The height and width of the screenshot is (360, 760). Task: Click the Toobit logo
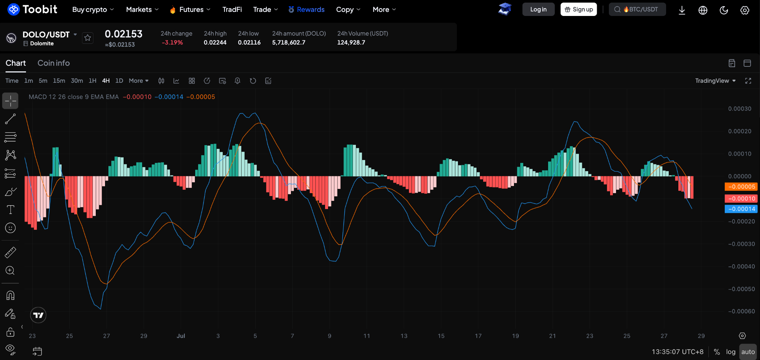pos(32,9)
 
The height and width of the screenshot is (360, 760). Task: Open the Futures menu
pos(190,10)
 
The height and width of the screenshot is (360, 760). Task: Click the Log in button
pos(538,9)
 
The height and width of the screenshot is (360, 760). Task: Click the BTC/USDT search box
pos(637,9)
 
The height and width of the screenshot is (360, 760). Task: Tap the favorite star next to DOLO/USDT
pos(88,37)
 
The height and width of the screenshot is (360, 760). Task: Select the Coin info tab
pos(54,63)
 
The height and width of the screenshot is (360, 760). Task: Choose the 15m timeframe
pos(59,81)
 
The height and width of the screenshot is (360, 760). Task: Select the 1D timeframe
pos(119,81)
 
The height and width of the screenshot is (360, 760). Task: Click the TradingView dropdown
pos(715,81)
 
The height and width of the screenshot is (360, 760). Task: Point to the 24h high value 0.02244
pos(215,42)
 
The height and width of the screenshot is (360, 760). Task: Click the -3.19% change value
pos(172,42)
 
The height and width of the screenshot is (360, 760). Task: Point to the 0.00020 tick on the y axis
pos(740,131)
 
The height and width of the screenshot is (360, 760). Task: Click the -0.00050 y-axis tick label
pos(741,289)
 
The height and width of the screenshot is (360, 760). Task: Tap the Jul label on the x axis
pos(181,336)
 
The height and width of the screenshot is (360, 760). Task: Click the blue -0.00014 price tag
pos(741,209)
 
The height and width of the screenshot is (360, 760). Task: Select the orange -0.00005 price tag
pos(741,187)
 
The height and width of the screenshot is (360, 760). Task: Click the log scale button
pos(731,352)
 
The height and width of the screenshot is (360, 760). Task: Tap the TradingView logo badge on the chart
pos(38,315)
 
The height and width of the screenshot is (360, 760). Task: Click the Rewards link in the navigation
pos(307,10)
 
